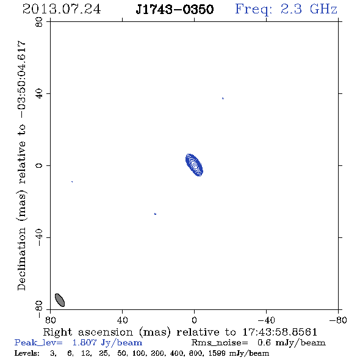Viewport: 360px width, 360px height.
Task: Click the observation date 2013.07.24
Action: [62, 9]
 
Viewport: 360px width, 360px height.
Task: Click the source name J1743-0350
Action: [175, 9]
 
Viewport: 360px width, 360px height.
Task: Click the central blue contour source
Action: [194, 165]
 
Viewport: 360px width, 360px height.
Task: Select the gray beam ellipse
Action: [60, 300]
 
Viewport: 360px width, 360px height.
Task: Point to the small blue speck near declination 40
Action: [223, 98]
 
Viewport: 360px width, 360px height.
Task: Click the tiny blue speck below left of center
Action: [155, 214]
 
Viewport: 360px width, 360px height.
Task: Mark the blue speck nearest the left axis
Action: [72, 182]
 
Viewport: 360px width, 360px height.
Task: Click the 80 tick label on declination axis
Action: [39, 22]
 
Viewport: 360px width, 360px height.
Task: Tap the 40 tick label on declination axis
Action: [39, 94]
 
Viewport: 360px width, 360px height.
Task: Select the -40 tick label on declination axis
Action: [39, 237]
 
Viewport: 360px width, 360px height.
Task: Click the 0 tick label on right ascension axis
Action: [194, 320]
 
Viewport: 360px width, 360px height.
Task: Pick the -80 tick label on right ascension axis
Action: [338, 320]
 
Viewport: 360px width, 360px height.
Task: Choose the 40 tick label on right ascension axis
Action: [122, 320]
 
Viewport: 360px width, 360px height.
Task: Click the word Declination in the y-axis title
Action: [21, 259]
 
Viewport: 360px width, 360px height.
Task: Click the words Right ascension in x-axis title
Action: [88, 332]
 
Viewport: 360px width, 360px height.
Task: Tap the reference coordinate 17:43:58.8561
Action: [280, 332]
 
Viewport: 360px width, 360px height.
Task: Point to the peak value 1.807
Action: [84, 342]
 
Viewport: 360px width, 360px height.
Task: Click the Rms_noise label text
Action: [220, 343]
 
